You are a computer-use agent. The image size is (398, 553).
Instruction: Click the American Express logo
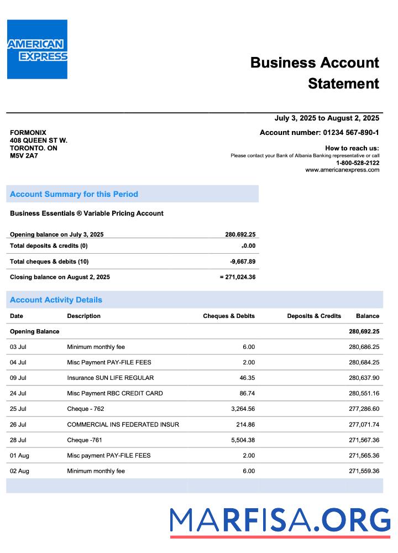click(37, 49)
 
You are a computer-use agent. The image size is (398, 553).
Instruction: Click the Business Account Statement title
click(315, 72)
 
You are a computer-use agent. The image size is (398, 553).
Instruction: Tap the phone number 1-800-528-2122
click(358, 163)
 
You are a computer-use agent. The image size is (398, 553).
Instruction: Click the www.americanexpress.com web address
click(342, 170)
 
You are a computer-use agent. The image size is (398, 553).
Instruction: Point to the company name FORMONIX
click(28, 133)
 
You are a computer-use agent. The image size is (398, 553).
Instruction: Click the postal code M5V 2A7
click(24, 156)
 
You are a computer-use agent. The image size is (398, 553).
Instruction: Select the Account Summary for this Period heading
click(74, 194)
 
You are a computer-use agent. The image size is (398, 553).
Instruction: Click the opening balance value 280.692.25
click(240, 234)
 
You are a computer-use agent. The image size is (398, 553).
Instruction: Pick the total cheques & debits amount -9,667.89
click(243, 262)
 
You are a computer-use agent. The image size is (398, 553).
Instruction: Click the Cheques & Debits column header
click(229, 316)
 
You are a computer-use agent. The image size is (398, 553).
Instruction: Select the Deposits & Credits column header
click(314, 316)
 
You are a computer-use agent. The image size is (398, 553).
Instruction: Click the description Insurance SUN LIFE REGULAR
click(111, 378)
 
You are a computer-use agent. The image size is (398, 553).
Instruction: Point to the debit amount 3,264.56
click(242, 409)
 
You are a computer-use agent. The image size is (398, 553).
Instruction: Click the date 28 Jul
click(18, 440)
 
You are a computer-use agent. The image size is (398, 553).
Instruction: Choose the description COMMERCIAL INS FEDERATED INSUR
click(123, 425)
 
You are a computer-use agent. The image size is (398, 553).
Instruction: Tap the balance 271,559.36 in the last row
click(364, 471)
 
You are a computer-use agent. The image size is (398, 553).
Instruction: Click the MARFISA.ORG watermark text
click(280, 521)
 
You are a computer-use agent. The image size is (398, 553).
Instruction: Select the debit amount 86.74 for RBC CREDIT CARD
click(245, 394)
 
